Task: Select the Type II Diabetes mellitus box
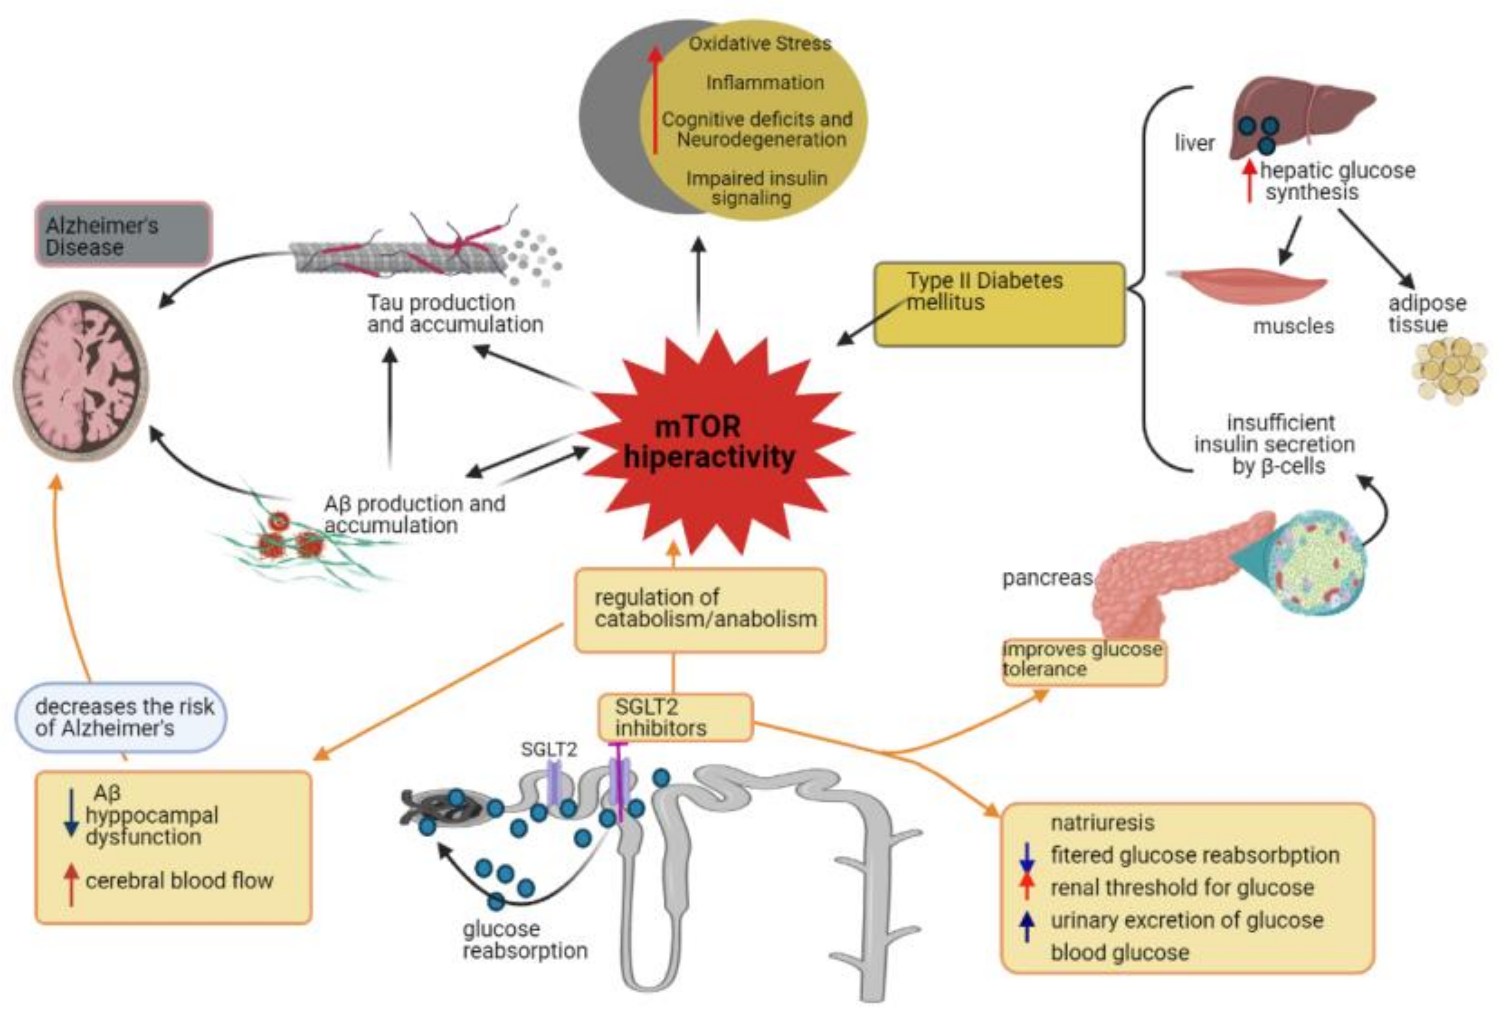click(999, 304)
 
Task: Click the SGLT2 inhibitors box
click(675, 717)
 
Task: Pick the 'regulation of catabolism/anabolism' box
click(700, 609)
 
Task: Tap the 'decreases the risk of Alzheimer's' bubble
click(121, 717)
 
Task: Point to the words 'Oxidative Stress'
click(760, 43)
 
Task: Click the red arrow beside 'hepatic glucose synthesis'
click(1250, 180)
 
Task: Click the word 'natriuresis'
click(1102, 822)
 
